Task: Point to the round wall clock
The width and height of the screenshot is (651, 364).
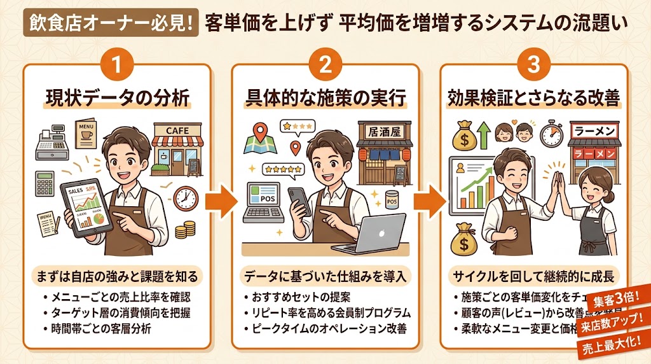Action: coord(185,198)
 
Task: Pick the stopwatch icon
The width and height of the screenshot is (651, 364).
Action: coord(551,134)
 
